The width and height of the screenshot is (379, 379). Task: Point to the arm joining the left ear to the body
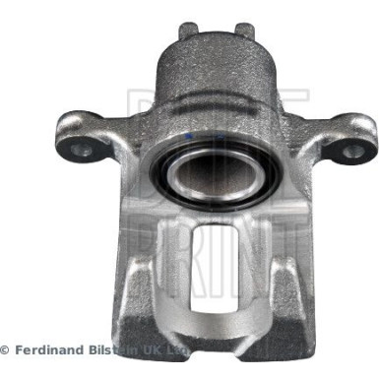123,148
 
